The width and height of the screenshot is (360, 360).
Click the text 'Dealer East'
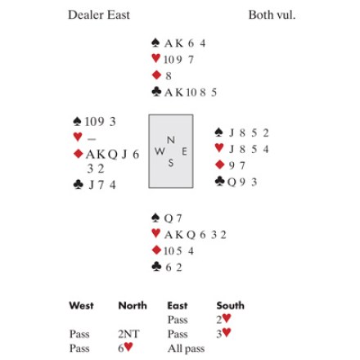99,15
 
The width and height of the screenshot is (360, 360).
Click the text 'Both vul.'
272,15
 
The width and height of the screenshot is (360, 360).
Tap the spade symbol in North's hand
155,43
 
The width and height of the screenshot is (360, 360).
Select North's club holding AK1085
191,92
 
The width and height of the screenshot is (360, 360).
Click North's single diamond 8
169,76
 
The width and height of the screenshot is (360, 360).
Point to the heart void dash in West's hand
92,139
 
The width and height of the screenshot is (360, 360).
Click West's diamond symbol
79,154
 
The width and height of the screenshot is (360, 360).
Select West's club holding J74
102,185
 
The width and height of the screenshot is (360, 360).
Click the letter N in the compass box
171,140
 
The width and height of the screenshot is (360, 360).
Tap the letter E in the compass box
185,151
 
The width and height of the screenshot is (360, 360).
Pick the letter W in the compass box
160,151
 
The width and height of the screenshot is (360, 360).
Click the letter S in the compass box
171,163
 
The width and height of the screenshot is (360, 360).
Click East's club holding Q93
242,182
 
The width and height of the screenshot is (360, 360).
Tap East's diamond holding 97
237,165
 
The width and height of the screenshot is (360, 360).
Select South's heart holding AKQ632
196,235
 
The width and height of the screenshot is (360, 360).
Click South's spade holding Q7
173,218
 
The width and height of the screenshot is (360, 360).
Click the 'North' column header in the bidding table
133,305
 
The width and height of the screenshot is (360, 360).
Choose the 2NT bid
128,334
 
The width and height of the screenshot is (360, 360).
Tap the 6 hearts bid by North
125,348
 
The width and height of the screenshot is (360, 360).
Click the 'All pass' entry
186,349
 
